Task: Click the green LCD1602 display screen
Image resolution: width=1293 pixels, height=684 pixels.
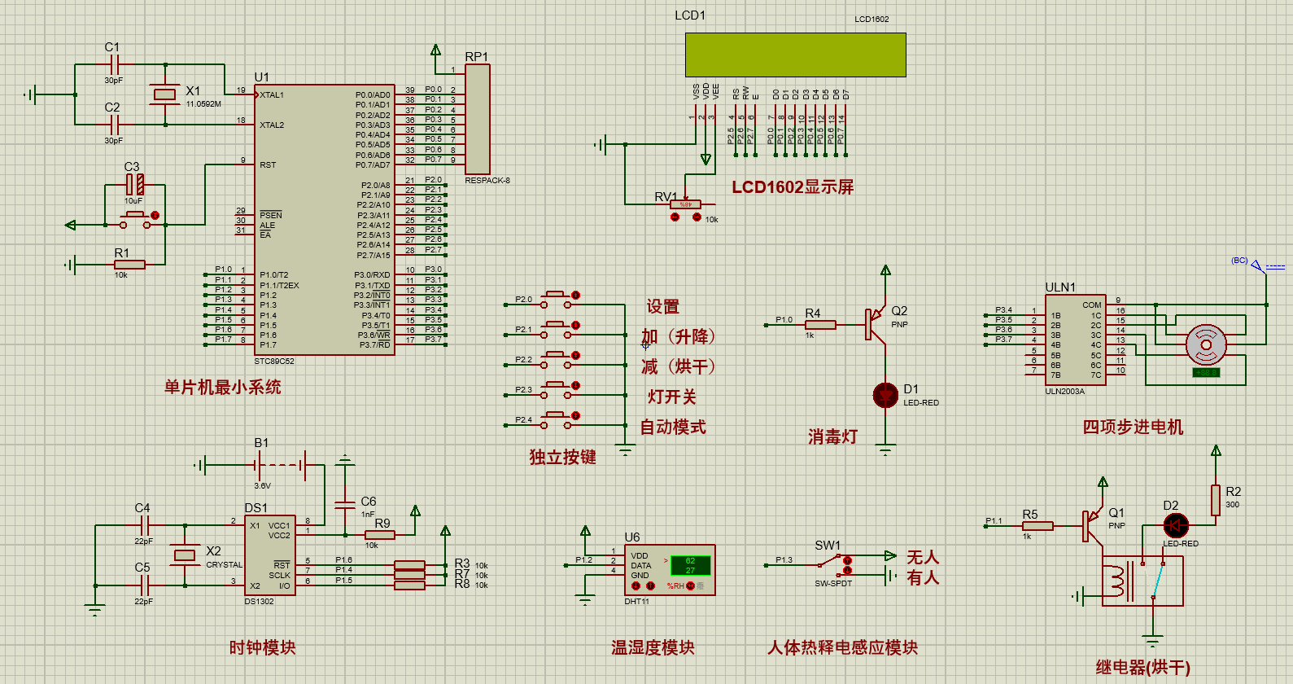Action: [795, 55]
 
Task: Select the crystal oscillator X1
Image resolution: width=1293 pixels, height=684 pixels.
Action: [165, 94]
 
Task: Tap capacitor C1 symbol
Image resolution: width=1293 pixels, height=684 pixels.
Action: [114, 64]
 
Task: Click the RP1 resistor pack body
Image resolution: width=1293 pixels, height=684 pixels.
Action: [478, 118]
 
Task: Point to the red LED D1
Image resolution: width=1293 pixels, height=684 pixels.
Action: [885, 395]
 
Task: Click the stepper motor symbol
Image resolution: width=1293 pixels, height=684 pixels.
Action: [1206, 345]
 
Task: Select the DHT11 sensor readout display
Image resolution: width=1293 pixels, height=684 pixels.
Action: [689, 565]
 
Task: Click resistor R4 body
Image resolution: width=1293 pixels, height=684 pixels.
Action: [819, 325]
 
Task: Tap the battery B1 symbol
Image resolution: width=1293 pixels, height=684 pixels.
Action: [281, 466]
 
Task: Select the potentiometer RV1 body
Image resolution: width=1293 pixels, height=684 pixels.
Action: [685, 204]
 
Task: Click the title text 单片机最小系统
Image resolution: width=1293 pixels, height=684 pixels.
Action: [222, 388]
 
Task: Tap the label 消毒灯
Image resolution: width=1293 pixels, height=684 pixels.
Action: [832, 437]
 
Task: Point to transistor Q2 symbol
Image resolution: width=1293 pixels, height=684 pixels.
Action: [876, 323]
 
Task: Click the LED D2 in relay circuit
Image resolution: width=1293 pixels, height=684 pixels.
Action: [1176, 525]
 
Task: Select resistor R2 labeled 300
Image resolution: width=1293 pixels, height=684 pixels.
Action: [1216, 500]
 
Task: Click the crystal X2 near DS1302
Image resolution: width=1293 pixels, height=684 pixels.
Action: [186, 555]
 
